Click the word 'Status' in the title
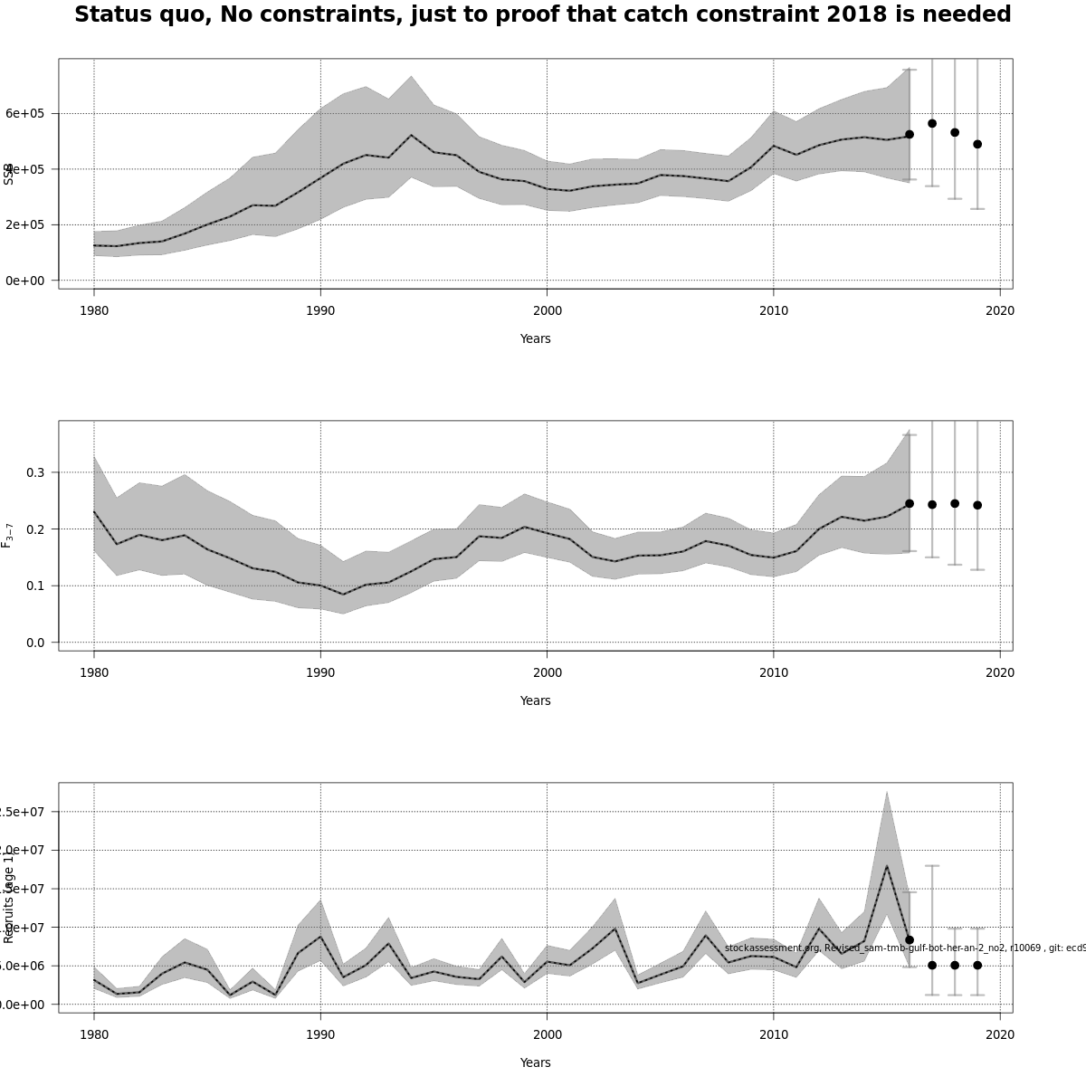pyautogui.click(x=108, y=15)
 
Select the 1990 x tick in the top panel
pyautogui.click(x=320, y=310)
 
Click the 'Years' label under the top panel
pyautogui.click(x=535, y=338)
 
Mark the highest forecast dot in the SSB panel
pyautogui.click(x=932, y=123)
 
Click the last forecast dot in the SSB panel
pyautogui.click(x=977, y=144)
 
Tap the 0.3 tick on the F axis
pyautogui.click(x=35, y=472)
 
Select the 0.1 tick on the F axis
pyautogui.click(x=35, y=586)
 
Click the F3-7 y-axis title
pyautogui.click(x=7, y=535)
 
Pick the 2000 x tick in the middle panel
pyautogui.click(x=547, y=672)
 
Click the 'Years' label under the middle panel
pyautogui.click(x=535, y=700)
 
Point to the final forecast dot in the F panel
pyautogui.click(x=977, y=505)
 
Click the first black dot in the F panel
pyautogui.click(x=910, y=503)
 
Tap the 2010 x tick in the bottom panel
pyautogui.click(x=773, y=1034)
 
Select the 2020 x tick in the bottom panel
pyautogui.click(x=999, y=1034)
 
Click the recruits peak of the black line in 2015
pyautogui.click(x=887, y=866)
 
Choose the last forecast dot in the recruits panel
pyautogui.click(x=977, y=965)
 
